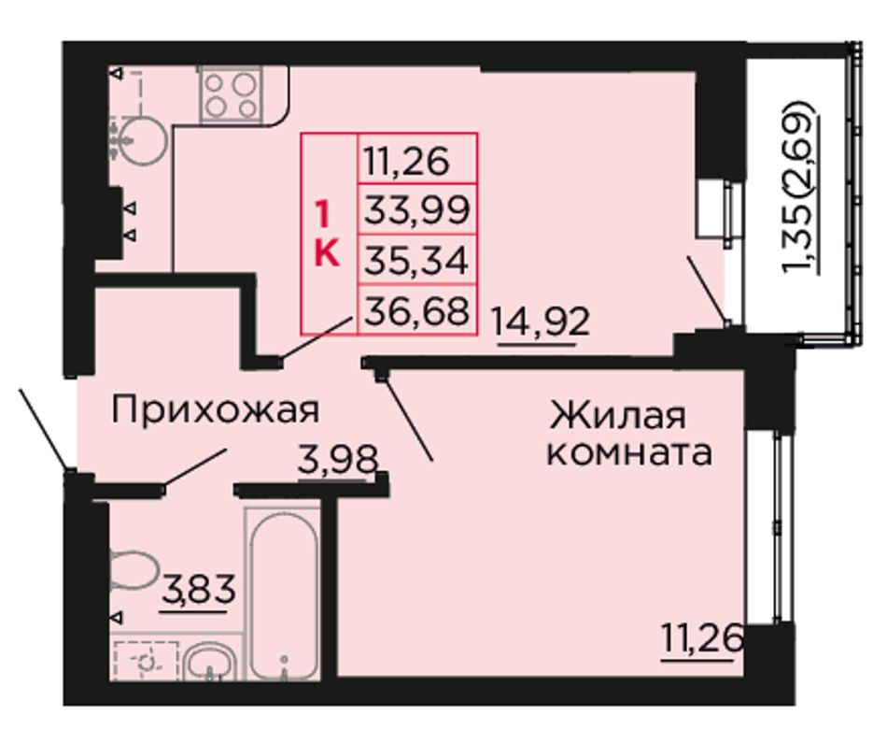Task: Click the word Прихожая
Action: click(216, 409)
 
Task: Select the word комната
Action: click(628, 452)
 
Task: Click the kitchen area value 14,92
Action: click(542, 322)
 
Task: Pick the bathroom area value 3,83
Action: click(198, 590)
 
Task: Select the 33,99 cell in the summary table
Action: click(417, 209)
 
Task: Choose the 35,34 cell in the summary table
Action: click(417, 259)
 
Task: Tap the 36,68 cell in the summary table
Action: click(417, 309)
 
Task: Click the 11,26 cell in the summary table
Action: click(417, 159)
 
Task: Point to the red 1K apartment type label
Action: click(327, 235)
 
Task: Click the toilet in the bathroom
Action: click(132, 569)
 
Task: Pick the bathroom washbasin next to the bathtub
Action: click(211, 663)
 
